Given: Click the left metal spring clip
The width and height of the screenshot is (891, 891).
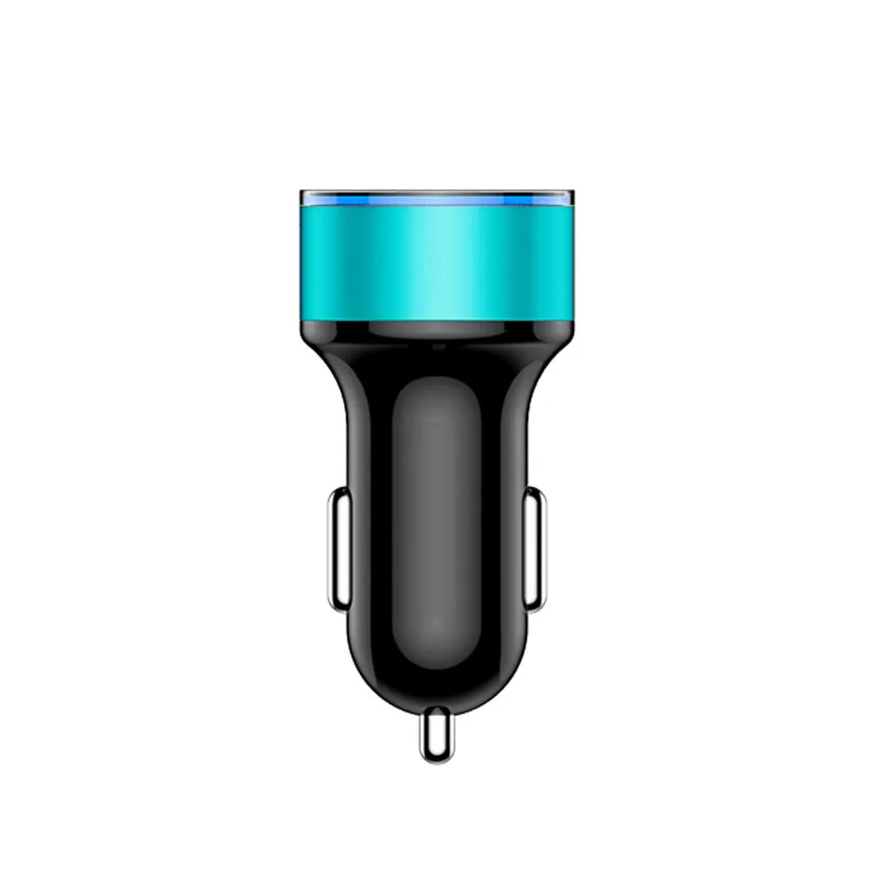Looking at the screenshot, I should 338,550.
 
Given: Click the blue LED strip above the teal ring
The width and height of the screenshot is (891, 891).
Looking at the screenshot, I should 436,200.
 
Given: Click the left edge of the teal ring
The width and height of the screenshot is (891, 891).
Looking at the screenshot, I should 305,258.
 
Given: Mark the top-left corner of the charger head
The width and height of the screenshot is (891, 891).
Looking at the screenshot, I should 303,193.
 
